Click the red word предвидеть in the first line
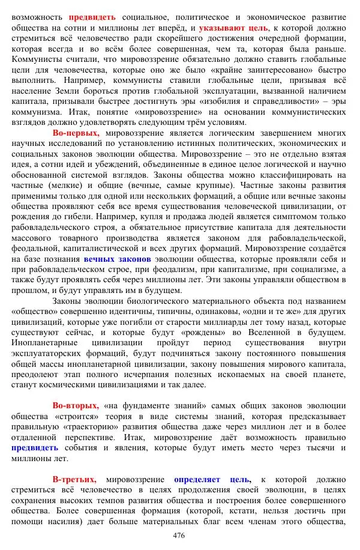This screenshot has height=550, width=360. pyautogui.click(x=92, y=17)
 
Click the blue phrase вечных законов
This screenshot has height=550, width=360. pyautogui.click(x=117, y=259)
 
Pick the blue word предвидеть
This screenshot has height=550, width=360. pyautogui.click(x=35, y=447)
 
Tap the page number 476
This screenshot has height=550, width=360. pyautogui.click(x=179, y=536)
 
